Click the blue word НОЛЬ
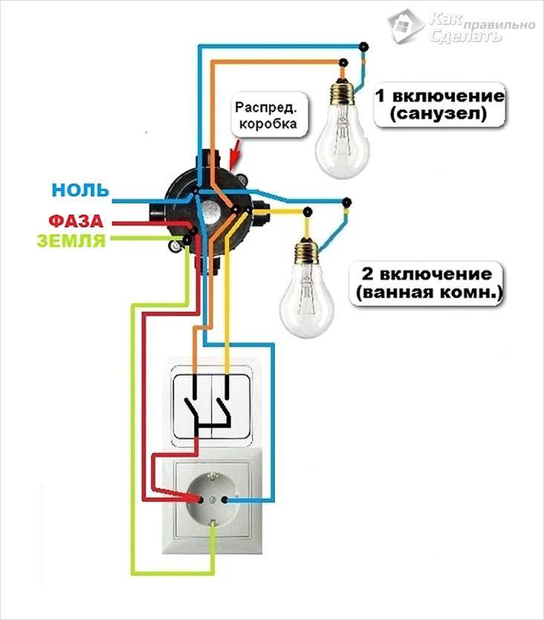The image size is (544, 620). point(80,190)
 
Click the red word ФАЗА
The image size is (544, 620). point(76,221)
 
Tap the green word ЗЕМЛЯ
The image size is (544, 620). point(71,240)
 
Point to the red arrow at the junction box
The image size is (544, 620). point(236,154)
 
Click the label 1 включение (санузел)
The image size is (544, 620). point(440,105)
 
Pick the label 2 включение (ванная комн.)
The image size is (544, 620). point(427,283)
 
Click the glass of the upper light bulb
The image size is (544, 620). point(343,143)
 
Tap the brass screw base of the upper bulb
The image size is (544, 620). point(343,91)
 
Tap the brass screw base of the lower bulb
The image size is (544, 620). point(307,251)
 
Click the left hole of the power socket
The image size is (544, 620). point(200,500)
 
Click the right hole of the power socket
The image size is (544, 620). point(224,500)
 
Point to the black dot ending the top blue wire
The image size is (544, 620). point(363,47)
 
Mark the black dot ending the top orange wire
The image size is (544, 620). point(344,62)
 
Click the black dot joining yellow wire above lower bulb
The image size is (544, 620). point(307,212)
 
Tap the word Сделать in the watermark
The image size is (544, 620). point(465,36)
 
